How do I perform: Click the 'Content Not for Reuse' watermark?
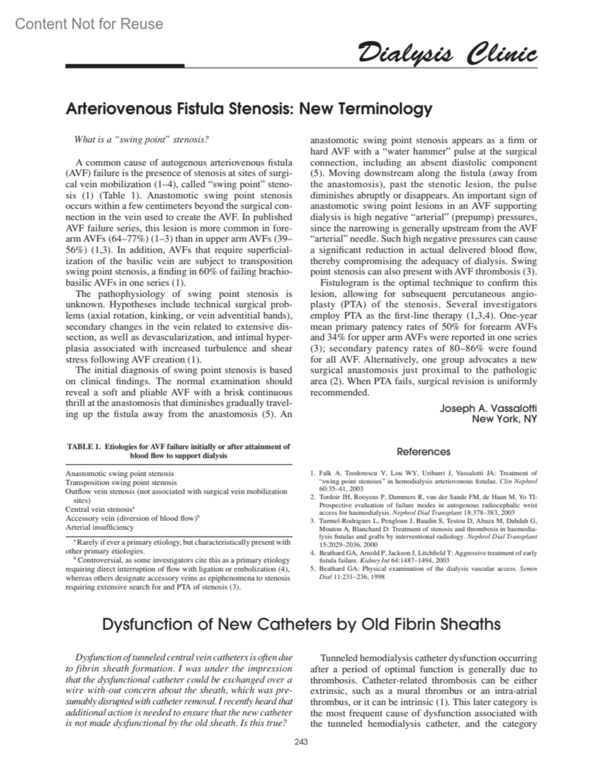tap(89, 24)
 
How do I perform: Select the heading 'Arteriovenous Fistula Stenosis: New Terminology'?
tap(249, 108)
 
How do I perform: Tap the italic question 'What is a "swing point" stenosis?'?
tap(141, 140)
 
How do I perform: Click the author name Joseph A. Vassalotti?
tap(488, 408)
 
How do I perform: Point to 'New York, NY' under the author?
tap(504, 419)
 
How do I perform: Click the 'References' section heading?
tap(424, 452)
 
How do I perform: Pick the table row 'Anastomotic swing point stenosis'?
tap(120, 473)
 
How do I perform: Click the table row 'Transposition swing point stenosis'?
tap(121, 482)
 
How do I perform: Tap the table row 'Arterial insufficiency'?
tap(99, 527)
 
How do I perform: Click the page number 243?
tap(301, 742)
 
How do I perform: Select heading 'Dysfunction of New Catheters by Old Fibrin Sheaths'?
tap(301, 624)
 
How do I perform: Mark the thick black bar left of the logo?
tap(125, 65)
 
